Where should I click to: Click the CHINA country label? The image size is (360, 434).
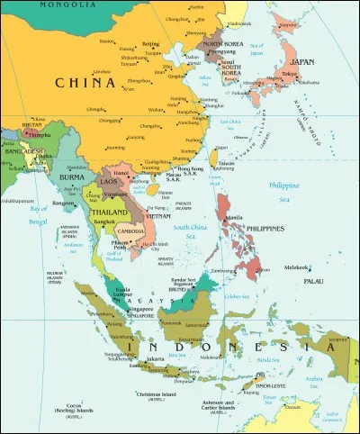85,83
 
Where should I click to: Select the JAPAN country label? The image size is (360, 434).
303,62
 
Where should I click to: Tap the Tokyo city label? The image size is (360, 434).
290,74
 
